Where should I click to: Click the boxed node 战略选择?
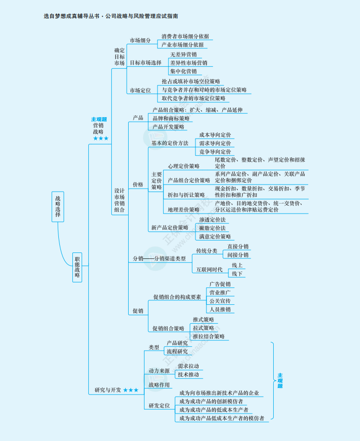pyautogui.click(x=59, y=206)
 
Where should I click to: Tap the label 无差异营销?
pyautogui.click(x=183, y=54)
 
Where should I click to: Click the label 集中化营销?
pyautogui.click(x=183, y=71)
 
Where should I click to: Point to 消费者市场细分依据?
pyautogui.click(x=185, y=36)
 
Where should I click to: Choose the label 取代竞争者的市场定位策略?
pyautogui.click(x=193, y=98)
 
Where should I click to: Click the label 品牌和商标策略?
pyautogui.click(x=171, y=118)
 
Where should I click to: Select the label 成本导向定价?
pyautogui.click(x=215, y=135)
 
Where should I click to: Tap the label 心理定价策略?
pyautogui.click(x=183, y=166)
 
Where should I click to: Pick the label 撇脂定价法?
pyautogui.click(x=212, y=228)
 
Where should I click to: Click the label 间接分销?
pyautogui.click(x=238, y=255)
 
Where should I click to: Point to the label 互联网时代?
pyautogui.click(x=209, y=270)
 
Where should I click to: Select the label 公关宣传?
pyautogui.click(x=220, y=301)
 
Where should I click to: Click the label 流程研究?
pyautogui.click(x=177, y=351)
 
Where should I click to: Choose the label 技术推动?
pyautogui.click(x=188, y=374)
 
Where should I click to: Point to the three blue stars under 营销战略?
pyautogui.click(x=100, y=138)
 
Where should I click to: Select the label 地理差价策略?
pyautogui.click(x=183, y=210)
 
